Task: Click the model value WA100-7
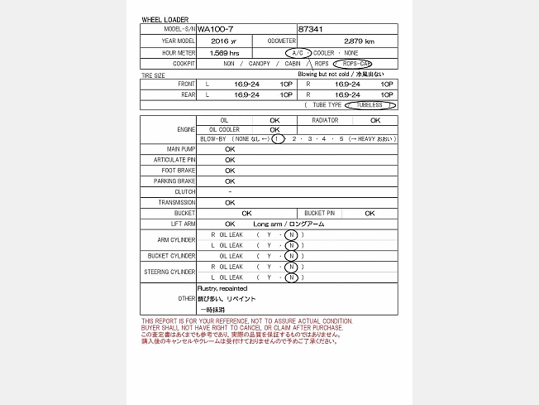pyautogui.click(x=215, y=29)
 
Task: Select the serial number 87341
pyautogui.click(x=311, y=29)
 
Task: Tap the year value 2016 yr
pyautogui.click(x=223, y=41)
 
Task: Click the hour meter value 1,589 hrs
pyautogui.click(x=224, y=52)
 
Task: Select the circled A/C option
pyautogui.click(x=298, y=52)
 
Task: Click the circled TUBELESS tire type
pyautogui.click(x=370, y=105)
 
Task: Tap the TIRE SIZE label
pyautogui.click(x=154, y=75)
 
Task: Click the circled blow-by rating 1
pyautogui.click(x=278, y=138)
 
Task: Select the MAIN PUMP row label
pyautogui.click(x=179, y=149)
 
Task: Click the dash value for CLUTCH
pyautogui.click(x=230, y=191)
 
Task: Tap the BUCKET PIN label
pyautogui.click(x=319, y=213)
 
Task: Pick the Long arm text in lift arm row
pyautogui.click(x=267, y=224)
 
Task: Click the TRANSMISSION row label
pyautogui.click(x=177, y=202)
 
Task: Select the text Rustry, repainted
pyautogui.click(x=222, y=288)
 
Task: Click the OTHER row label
pyautogui.click(x=186, y=298)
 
